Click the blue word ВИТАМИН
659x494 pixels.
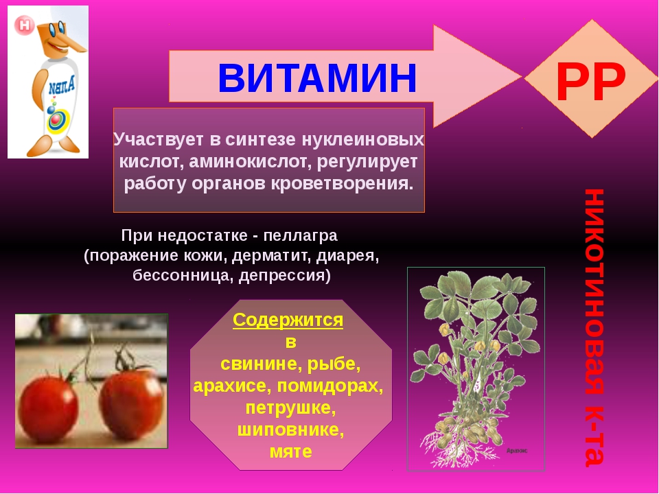[317, 78]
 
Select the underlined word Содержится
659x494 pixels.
[288, 320]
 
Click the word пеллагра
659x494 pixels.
[300, 235]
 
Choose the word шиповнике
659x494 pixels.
[290, 430]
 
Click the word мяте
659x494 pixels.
[290, 451]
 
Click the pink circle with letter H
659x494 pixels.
[25, 25]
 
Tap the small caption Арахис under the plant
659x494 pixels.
[516, 451]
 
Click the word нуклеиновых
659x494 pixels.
[362, 140]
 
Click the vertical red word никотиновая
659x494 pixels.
[594, 292]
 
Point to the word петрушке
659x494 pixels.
[290, 408]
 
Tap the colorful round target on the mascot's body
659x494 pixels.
[57, 121]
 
